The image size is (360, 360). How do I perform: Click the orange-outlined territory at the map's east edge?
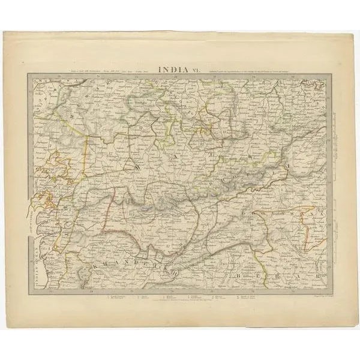click(x=313, y=231)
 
